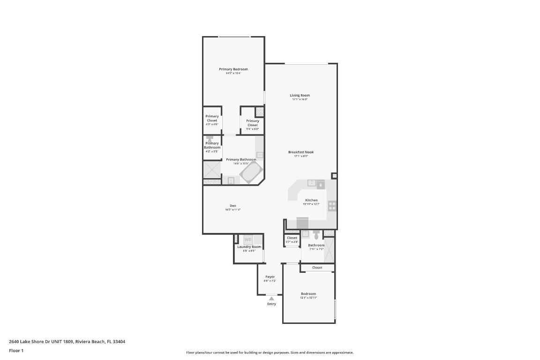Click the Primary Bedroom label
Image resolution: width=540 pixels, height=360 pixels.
pyautogui.click(x=233, y=69)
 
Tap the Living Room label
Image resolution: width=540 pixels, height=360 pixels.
pyautogui.click(x=300, y=96)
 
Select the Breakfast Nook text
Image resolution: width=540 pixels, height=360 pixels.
pyautogui.click(x=301, y=152)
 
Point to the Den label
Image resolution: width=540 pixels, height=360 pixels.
pyautogui.click(x=232, y=206)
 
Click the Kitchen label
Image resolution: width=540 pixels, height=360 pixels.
pyautogui.click(x=311, y=200)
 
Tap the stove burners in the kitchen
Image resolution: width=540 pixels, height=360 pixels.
pyautogui.click(x=332, y=205)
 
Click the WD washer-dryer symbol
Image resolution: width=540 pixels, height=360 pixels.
pyautogui.click(x=248, y=240)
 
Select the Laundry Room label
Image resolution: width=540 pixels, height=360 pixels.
pyautogui.click(x=249, y=247)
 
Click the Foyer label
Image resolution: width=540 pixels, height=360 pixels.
pyautogui.click(x=270, y=277)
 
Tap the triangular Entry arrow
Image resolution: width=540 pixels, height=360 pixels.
pyautogui.click(x=271, y=298)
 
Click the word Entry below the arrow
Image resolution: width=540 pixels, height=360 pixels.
pyautogui.click(x=271, y=304)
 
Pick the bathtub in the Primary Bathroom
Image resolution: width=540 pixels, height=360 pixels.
pyautogui.click(x=252, y=173)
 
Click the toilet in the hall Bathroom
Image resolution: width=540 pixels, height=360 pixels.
pyautogui.click(x=316, y=236)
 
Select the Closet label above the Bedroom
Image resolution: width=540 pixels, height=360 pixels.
pyautogui.click(x=317, y=268)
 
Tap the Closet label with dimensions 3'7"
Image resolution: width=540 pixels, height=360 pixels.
pyautogui.click(x=292, y=238)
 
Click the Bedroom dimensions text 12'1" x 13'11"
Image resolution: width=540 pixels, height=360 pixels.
pyautogui.click(x=308, y=298)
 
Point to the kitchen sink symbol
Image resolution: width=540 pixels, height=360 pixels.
pyautogui.click(x=312, y=183)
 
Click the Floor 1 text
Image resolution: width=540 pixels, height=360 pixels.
pyautogui.click(x=16, y=351)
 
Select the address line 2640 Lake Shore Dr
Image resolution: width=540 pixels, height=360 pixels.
pyautogui.click(x=67, y=342)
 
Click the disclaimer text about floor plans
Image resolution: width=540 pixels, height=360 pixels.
pyautogui.click(x=270, y=352)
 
